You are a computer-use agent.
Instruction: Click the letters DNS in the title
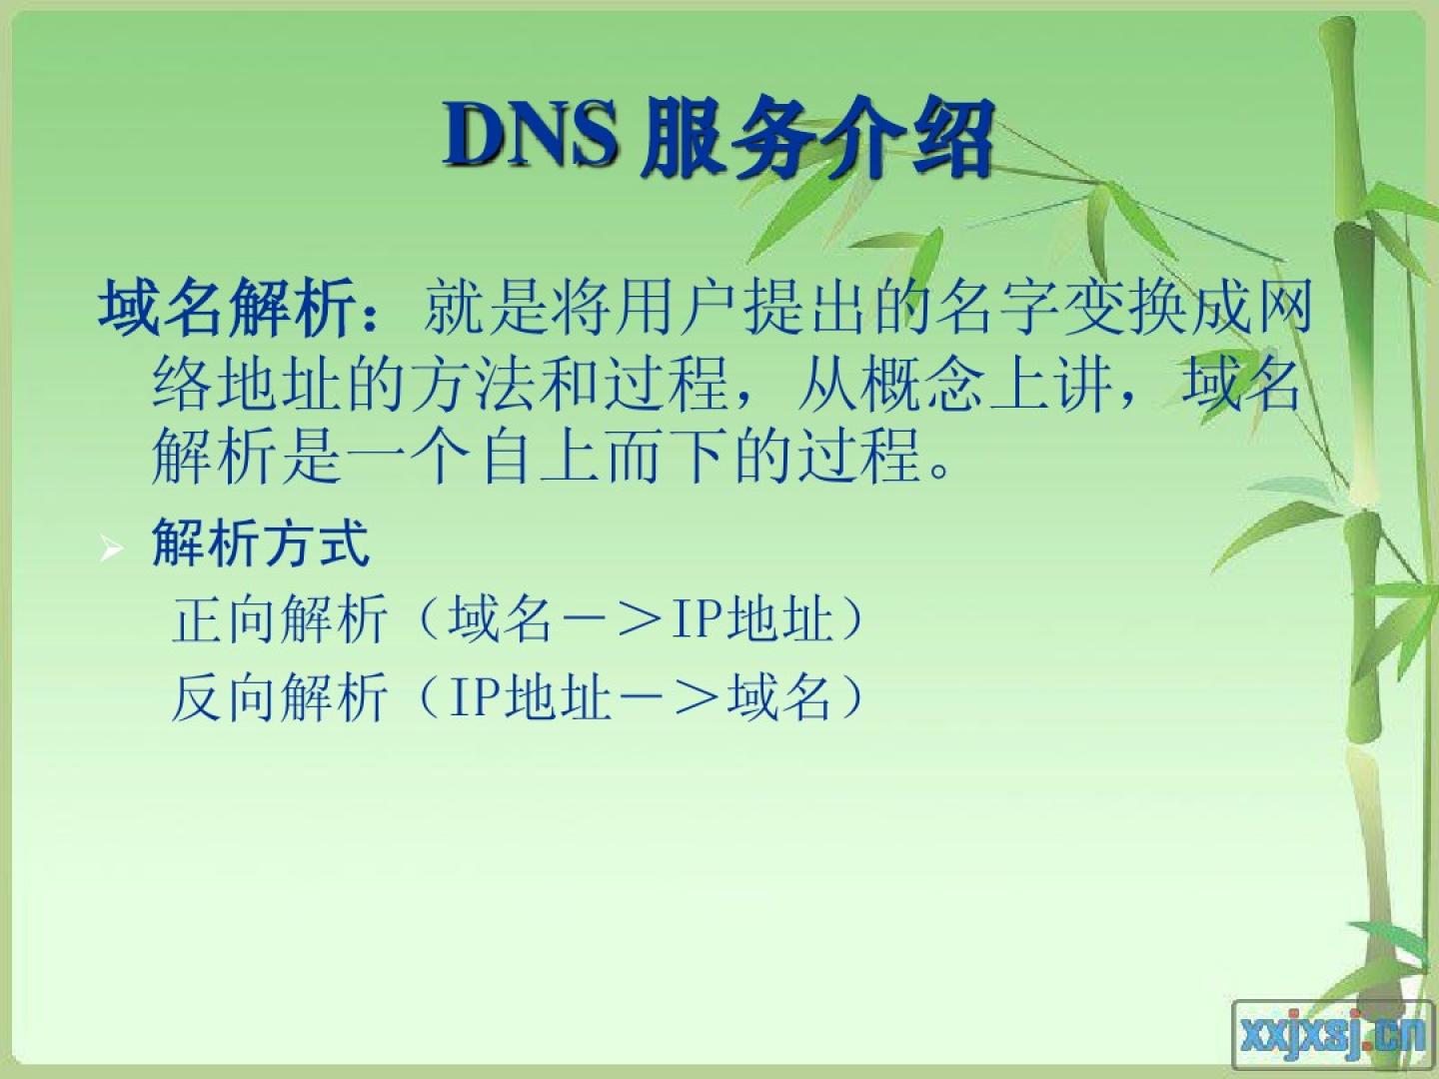point(530,136)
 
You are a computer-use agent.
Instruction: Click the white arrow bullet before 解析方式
point(111,547)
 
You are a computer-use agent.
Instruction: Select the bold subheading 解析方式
point(260,542)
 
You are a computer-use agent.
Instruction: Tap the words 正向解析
point(279,619)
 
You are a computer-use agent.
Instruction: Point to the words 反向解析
point(279,697)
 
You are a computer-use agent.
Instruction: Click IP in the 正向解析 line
point(697,619)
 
